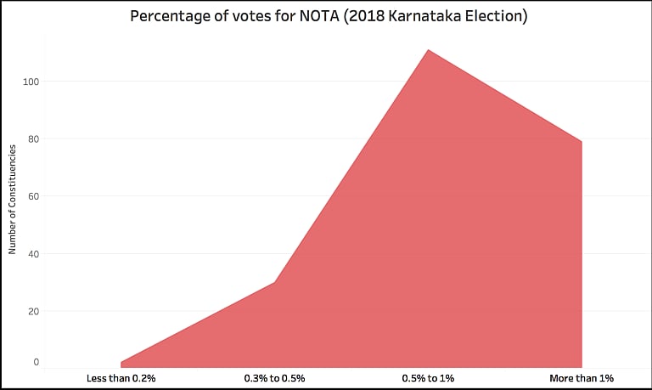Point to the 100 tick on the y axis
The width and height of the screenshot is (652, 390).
point(31,82)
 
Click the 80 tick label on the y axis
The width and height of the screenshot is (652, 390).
point(33,138)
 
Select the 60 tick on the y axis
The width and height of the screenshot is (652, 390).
point(33,196)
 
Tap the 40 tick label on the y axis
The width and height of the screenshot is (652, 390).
point(33,253)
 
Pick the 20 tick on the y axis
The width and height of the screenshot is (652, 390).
point(33,311)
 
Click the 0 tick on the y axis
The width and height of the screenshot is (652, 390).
point(36,363)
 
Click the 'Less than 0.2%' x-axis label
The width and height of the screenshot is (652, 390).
point(121,377)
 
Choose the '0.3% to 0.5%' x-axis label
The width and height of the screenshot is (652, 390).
point(274,377)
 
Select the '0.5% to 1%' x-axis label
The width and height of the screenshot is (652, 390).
point(428,377)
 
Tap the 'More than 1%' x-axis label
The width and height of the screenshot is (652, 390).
point(582,377)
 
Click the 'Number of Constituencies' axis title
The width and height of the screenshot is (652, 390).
point(13,200)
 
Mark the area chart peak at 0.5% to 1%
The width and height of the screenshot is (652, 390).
point(428,50)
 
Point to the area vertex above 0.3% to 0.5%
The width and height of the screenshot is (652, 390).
point(274,282)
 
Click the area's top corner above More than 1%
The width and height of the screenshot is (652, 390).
point(582,141)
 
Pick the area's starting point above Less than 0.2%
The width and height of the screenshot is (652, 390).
point(121,362)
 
